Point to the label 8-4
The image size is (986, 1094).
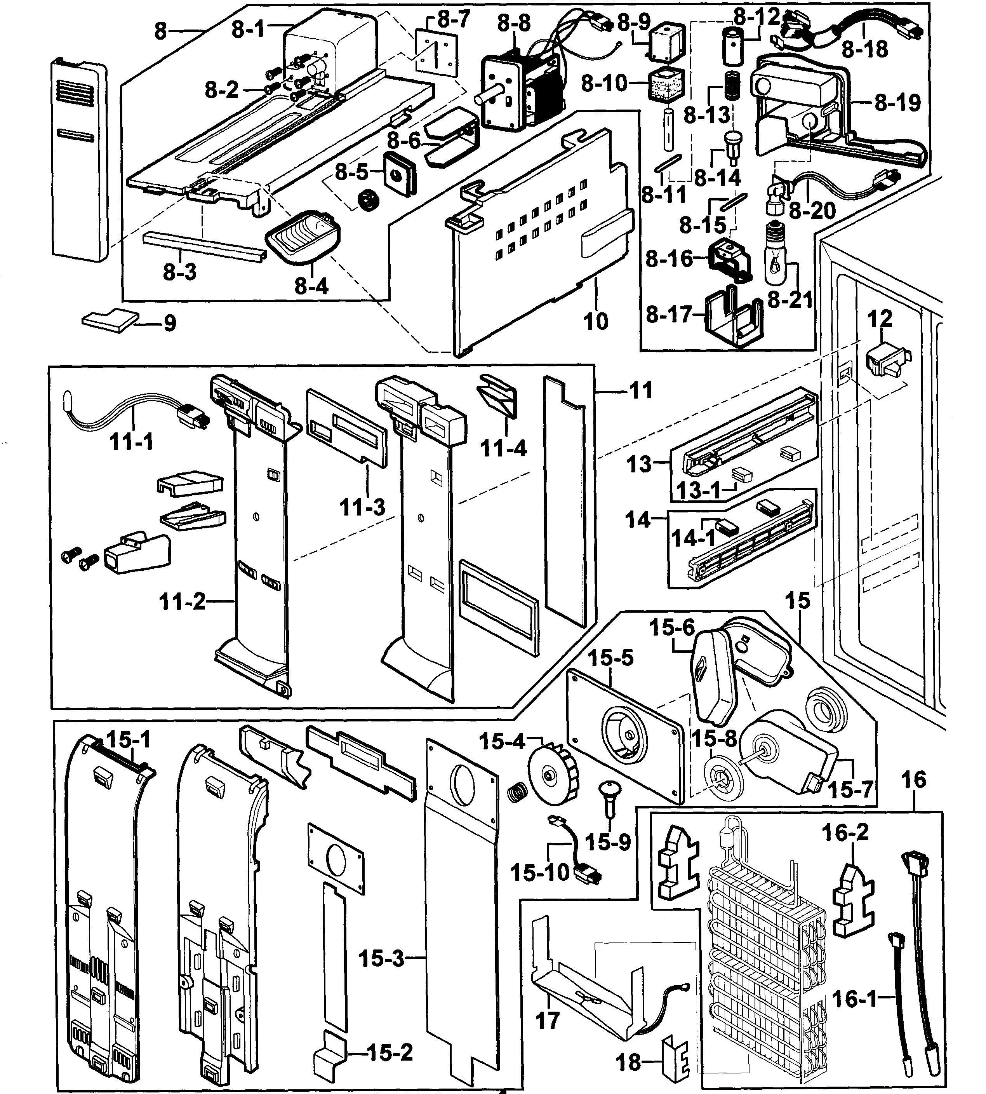pos(311,286)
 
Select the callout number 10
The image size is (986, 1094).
pos(595,321)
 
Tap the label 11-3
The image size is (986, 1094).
pos(362,507)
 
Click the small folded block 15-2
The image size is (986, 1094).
pos(329,1050)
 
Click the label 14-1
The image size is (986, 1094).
pos(693,538)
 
